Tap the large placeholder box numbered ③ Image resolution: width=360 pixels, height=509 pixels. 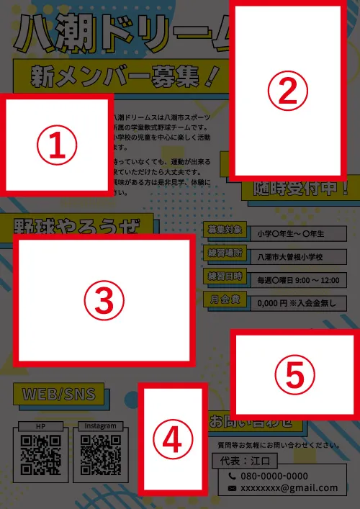(104, 300)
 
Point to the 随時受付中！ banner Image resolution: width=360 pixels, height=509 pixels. (300, 189)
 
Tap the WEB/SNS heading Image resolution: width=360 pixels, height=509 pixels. (59, 395)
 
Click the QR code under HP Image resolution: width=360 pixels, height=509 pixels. (40, 456)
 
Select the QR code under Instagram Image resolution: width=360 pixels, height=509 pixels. (100, 456)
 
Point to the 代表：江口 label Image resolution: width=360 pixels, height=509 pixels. (242, 458)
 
